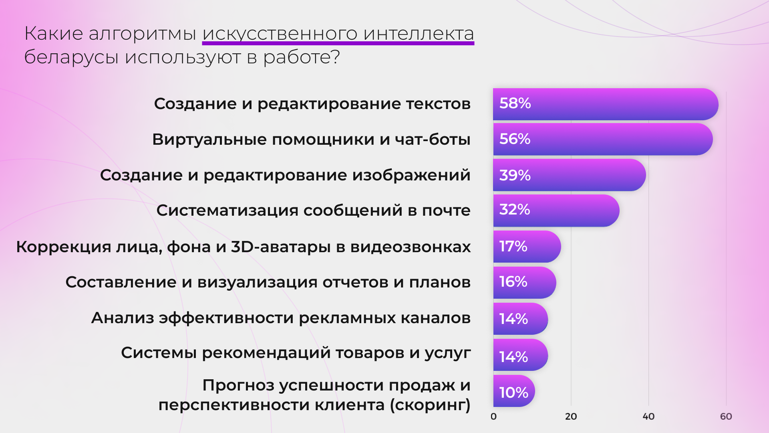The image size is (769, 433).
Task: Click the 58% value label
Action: pos(515,103)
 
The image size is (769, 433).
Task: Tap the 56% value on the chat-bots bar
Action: pos(515,139)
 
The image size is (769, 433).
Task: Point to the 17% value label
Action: pos(513,246)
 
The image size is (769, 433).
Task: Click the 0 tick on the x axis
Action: pos(493,417)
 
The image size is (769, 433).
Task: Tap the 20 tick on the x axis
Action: pos(571,417)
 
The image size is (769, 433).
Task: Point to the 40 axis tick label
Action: pos(648,417)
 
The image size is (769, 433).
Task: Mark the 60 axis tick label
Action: pos(726,417)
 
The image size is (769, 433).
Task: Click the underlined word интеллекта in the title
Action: pos(419,34)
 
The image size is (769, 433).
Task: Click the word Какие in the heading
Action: pos(53,34)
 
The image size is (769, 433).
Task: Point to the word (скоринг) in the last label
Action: pos(430,405)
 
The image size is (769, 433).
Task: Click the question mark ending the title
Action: pos(335,57)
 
